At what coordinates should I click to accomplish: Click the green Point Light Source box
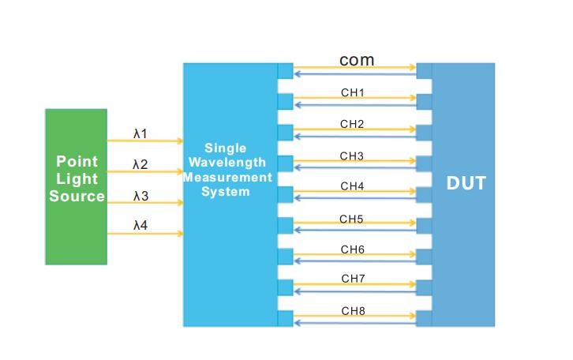point(76,186)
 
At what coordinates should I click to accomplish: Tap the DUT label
point(466,184)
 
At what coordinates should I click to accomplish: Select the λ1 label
point(140,134)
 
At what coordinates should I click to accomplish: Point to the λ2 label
point(140,165)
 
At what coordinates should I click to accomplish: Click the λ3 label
point(140,196)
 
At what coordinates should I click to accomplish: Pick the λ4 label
point(140,226)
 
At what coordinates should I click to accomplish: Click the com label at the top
point(357,60)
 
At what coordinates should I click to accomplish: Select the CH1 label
point(352,93)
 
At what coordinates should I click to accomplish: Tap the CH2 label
point(352,124)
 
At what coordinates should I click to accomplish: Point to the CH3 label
point(352,156)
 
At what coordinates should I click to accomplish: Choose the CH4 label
point(352,186)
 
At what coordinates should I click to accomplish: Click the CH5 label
point(352,219)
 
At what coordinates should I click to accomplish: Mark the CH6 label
point(352,249)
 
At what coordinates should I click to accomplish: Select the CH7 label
point(352,279)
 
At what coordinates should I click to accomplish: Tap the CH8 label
point(352,311)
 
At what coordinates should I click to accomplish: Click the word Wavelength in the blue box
point(226,163)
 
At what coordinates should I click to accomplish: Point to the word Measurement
point(227,177)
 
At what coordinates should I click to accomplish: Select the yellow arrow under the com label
point(355,69)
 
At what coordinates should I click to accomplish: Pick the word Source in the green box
point(77,197)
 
